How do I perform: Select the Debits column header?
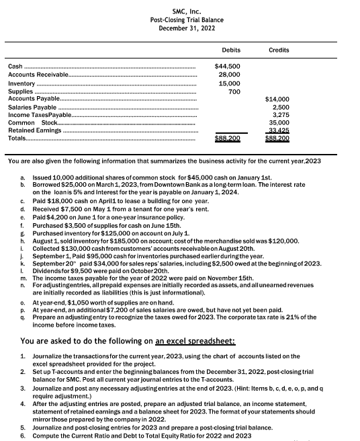tap(230, 50)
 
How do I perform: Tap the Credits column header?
tap(279, 50)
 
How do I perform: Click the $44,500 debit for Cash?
tap(228, 67)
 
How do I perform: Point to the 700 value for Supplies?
tap(233, 91)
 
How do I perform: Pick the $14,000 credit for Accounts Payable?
tap(278, 99)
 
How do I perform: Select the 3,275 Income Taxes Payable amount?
tap(281, 115)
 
